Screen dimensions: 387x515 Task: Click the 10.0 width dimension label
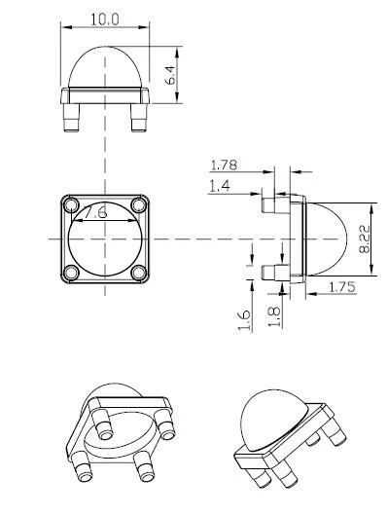pyautogui.click(x=105, y=19)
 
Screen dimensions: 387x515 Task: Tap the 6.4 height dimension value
pyautogui.click(x=170, y=75)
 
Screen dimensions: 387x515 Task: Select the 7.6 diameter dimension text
pyautogui.click(x=95, y=212)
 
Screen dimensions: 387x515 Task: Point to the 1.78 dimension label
pyautogui.click(x=224, y=165)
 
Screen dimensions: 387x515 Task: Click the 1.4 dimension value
pyautogui.click(x=220, y=187)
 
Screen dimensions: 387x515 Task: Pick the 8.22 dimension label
pyautogui.click(x=364, y=239)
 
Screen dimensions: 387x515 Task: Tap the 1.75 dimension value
pyautogui.click(x=342, y=287)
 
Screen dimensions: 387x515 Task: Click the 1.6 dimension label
pyautogui.click(x=244, y=320)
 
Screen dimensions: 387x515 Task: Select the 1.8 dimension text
pyautogui.click(x=274, y=316)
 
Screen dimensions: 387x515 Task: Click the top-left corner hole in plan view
pyautogui.click(x=71, y=205)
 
